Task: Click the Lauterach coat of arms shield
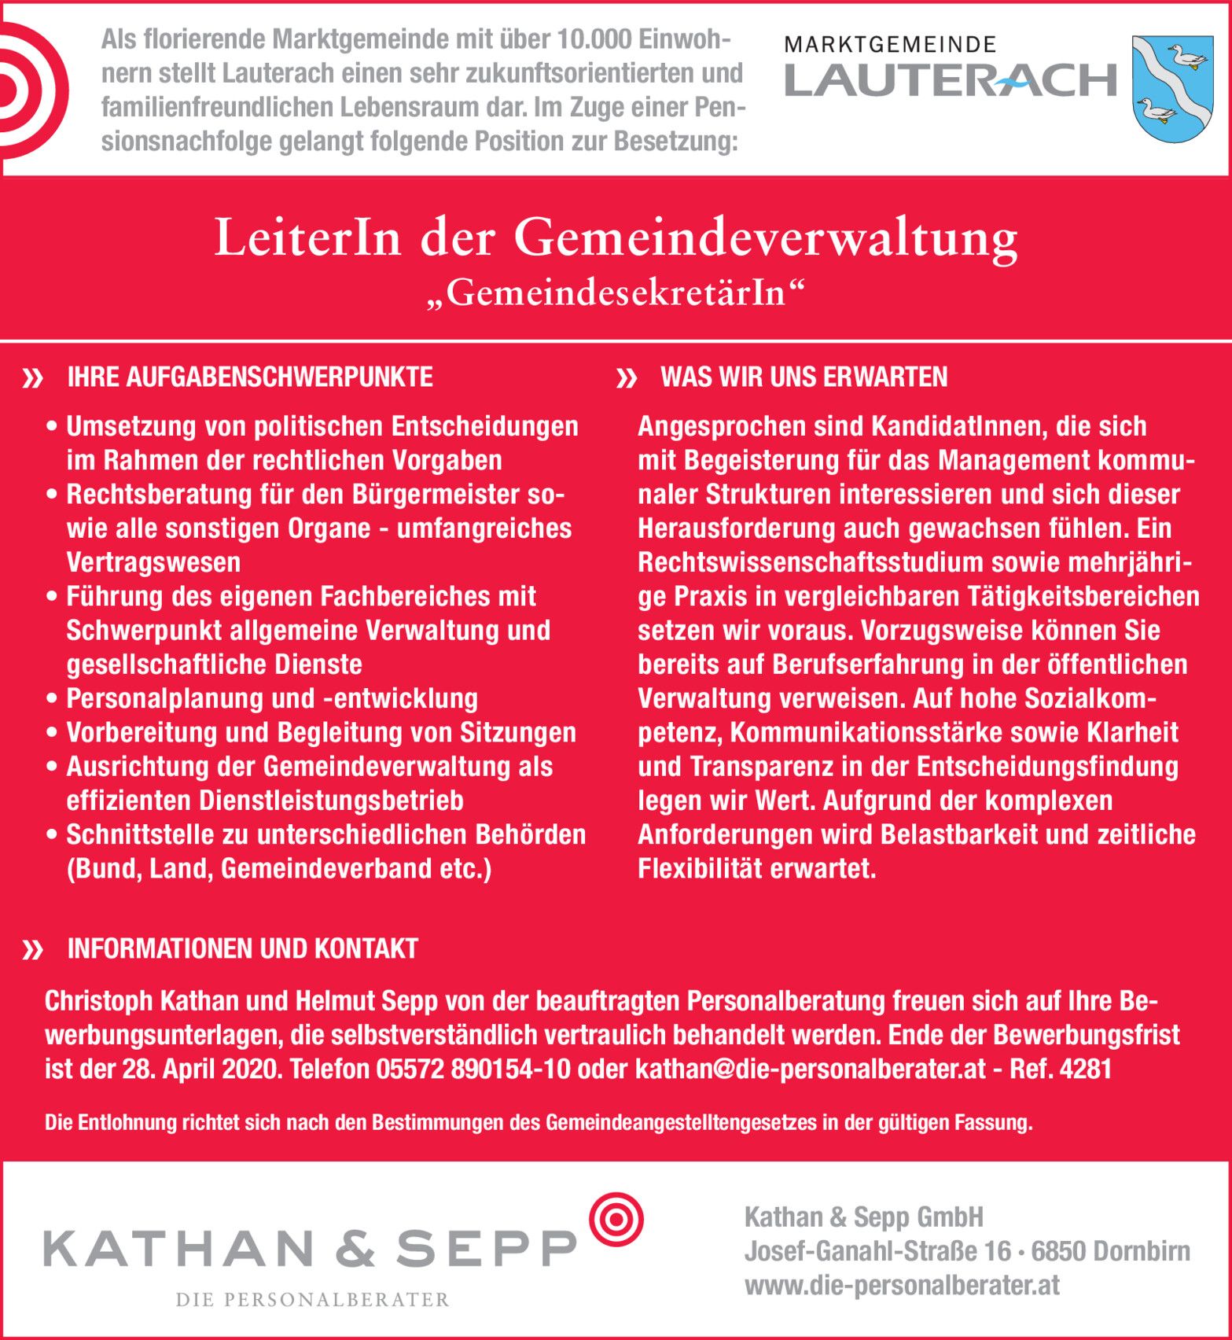1171,88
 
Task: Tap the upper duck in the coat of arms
1186,58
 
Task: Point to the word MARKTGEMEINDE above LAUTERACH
890,45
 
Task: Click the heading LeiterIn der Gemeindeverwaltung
616,238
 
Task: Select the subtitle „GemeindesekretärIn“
616,294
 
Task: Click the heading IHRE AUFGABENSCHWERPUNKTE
250,377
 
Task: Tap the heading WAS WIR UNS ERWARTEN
804,377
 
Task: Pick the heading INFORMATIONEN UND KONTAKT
242,949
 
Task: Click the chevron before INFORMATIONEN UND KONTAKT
33,951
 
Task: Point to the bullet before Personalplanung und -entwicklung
53,699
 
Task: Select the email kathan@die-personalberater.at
810,1069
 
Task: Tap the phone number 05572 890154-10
473,1069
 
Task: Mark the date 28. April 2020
201,1069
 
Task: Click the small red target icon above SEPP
616,1220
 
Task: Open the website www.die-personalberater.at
901,1286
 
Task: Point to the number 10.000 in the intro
594,39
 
